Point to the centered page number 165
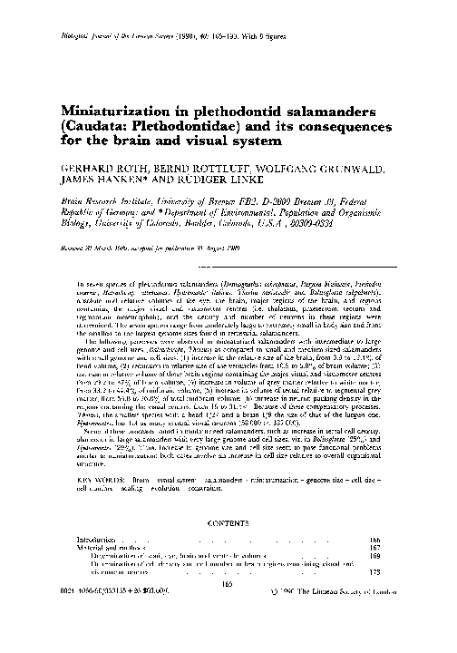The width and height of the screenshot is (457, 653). point(228,585)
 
